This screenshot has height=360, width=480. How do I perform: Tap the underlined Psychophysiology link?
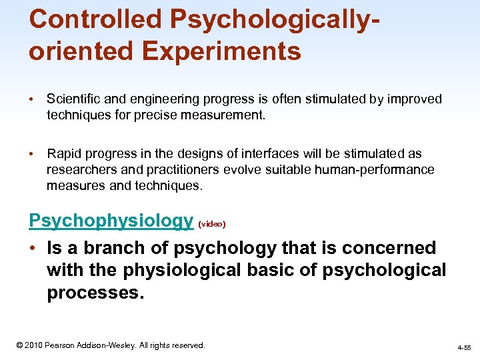(x=111, y=221)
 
